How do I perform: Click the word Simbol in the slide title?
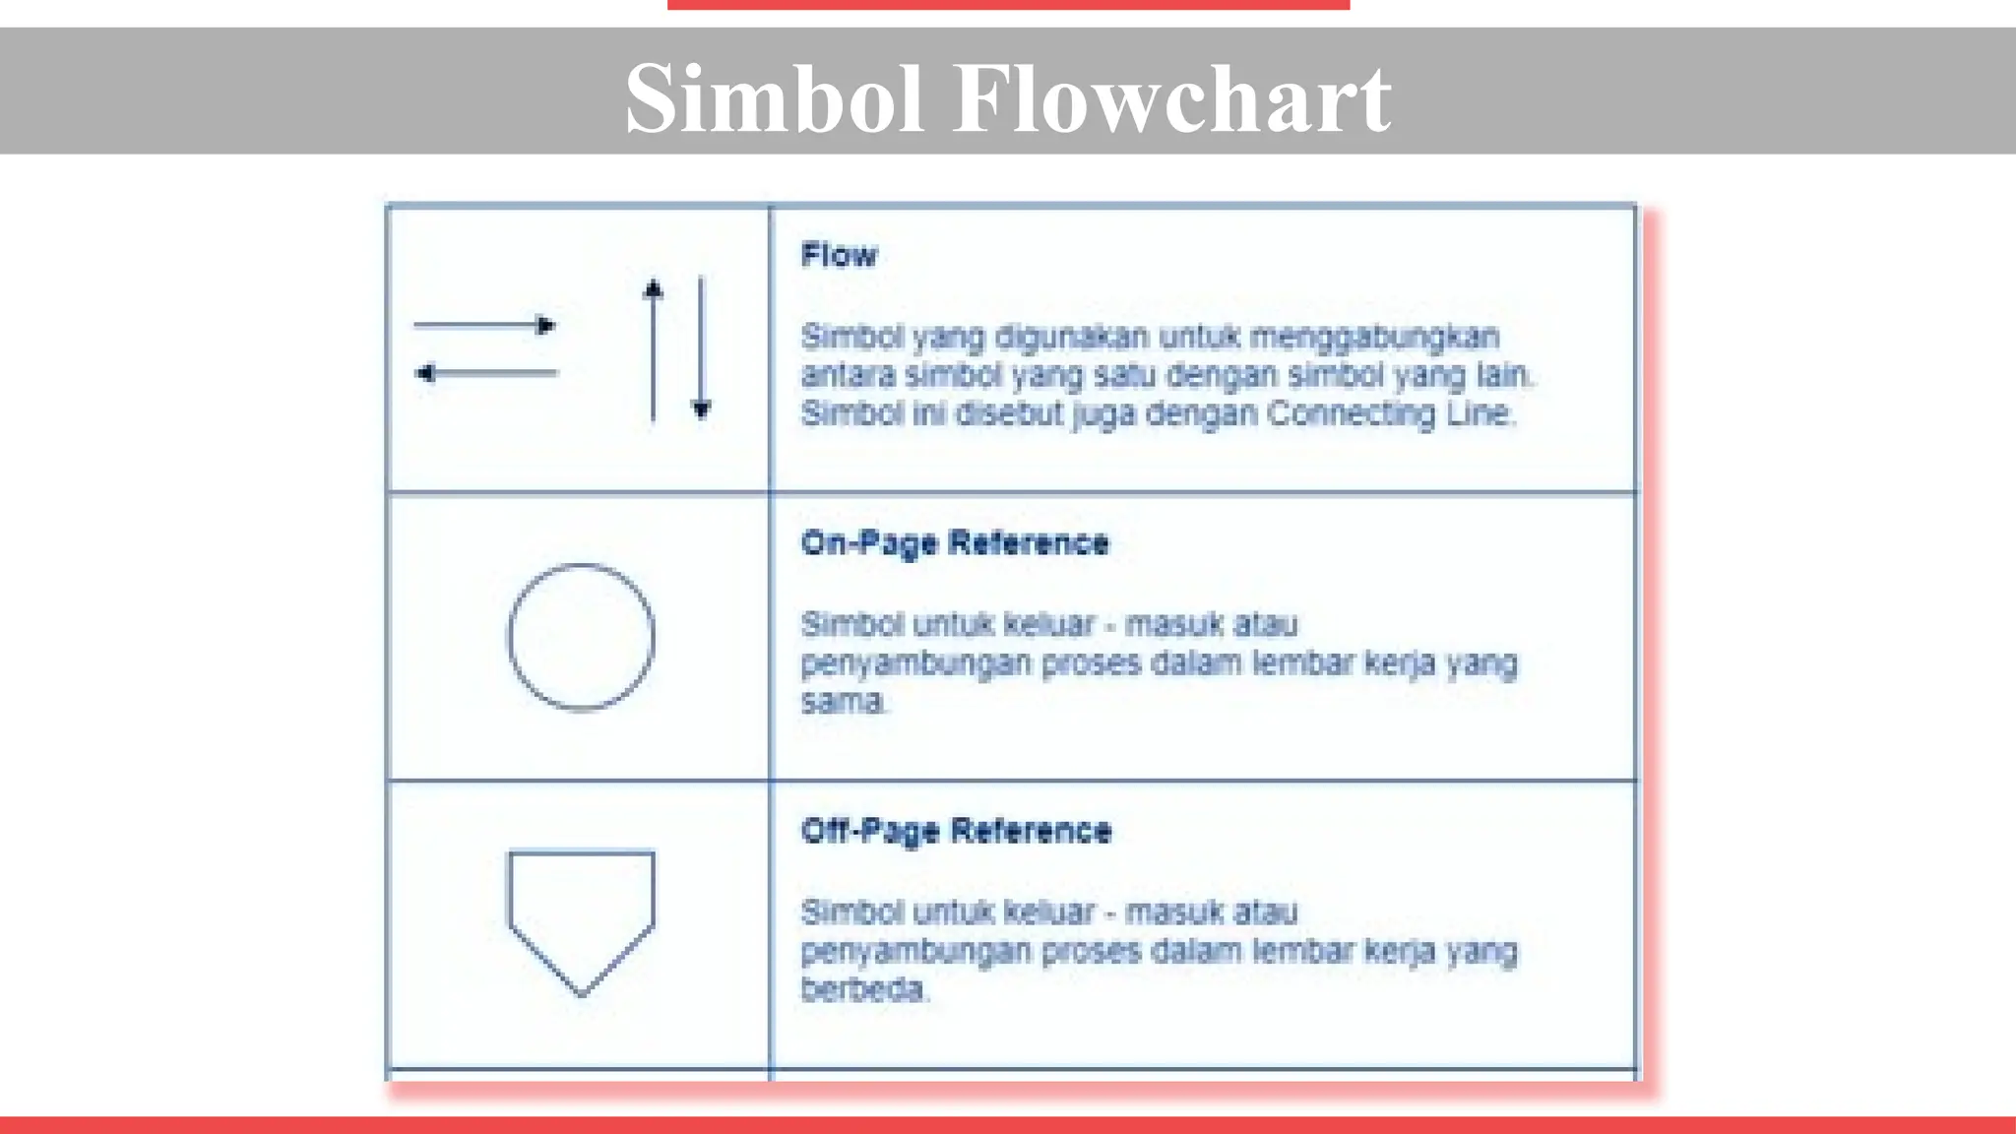[x=774, y=98]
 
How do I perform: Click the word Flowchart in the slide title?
[x=1170, y=98]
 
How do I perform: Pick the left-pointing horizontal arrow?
[x=486, y=373]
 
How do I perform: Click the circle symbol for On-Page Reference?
[x=581, y=637]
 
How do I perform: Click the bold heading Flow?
[x=839, y=256]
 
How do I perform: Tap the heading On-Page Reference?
[x=955, y=543]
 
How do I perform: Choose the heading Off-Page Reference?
[x=956, y=832]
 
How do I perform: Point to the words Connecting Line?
[x=1388, y=413]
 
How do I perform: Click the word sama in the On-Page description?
[x=843, y=702]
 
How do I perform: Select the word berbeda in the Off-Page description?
[x=863, y=989]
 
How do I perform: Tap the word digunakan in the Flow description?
[x=1071, y=337]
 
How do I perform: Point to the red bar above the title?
[x=1008, y=5]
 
